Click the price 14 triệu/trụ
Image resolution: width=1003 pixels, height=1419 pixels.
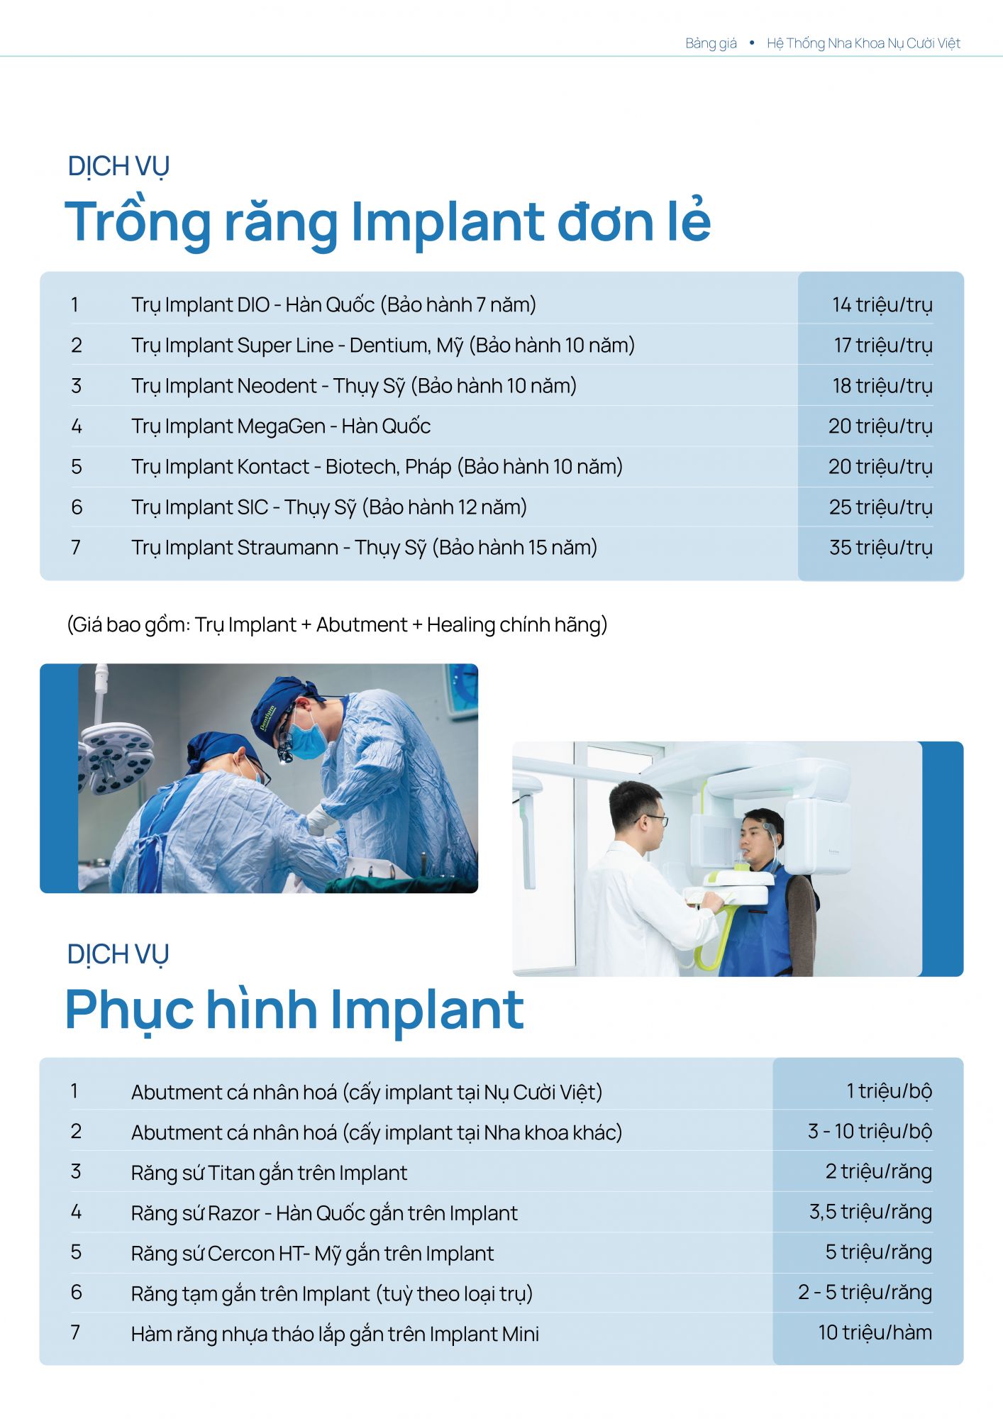tap(882, 305)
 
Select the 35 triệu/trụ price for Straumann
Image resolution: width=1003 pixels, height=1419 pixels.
tap(880, 548)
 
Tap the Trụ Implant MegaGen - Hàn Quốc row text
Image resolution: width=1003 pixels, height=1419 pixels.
tap(281, 426)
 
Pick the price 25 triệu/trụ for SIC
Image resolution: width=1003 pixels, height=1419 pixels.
tap(880, 507)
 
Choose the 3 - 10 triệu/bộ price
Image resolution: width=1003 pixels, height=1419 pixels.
tap(870, 1132)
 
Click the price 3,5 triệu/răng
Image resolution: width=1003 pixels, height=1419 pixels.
tap(870, 1213)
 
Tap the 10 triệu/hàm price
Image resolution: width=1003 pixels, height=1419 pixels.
tap(875, 1333)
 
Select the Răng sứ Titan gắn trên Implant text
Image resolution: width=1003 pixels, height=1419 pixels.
tap(269, 1173)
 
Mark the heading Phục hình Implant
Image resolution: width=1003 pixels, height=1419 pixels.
tap(294, 1010)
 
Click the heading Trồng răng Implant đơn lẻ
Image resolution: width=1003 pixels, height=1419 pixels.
tap(387, 221)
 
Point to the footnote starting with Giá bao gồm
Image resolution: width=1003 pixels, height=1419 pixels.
tap(337, 625)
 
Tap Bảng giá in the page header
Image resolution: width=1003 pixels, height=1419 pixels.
tap(711, 43)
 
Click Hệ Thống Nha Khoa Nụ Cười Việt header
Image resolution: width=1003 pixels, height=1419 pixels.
tap(863, 43)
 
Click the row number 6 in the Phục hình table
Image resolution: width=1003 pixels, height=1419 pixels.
tap(77, 1293)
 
